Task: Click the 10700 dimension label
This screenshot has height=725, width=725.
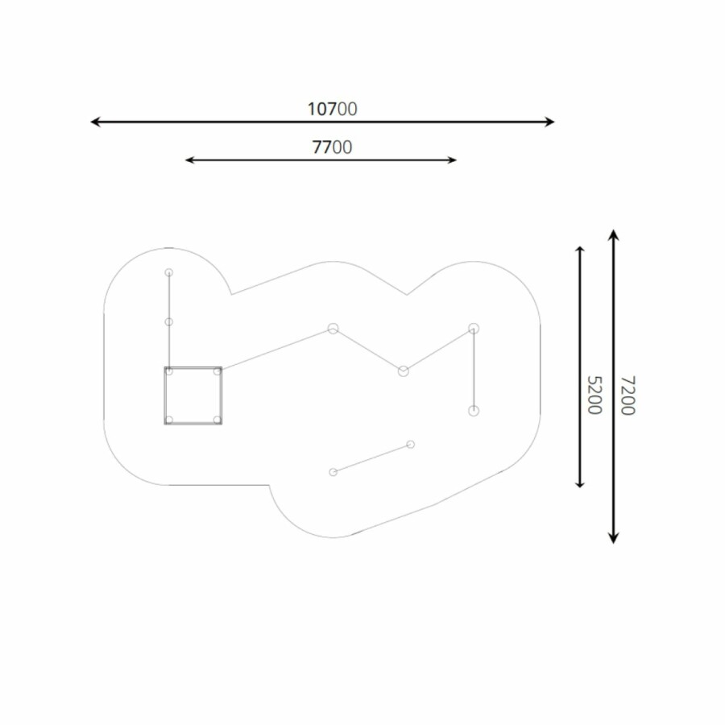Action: pyautogui.click(x=332, y=109)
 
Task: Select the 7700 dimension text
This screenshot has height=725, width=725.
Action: pyautogui.click(x=332, y=147)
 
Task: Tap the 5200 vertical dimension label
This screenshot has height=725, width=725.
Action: pyautogui.click(x=594, y=395)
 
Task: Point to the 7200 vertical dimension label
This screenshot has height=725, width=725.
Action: pyautogui.click(x=628, y=395)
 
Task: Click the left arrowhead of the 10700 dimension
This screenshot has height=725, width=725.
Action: pyautogui.click(x=95, y=122)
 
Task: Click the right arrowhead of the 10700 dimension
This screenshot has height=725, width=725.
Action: pyautogui.click(x=549, y=122)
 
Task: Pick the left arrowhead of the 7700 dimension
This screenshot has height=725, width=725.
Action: pyautogui.click(x=188, y=160)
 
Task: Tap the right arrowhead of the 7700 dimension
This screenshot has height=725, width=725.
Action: pyautogui.click(x=452, y=160)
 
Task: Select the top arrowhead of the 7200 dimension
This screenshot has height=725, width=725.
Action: pyautogui.click(x=613, y=234)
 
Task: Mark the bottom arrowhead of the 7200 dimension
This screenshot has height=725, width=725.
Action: pyautogui.click(x=613, y=538)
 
